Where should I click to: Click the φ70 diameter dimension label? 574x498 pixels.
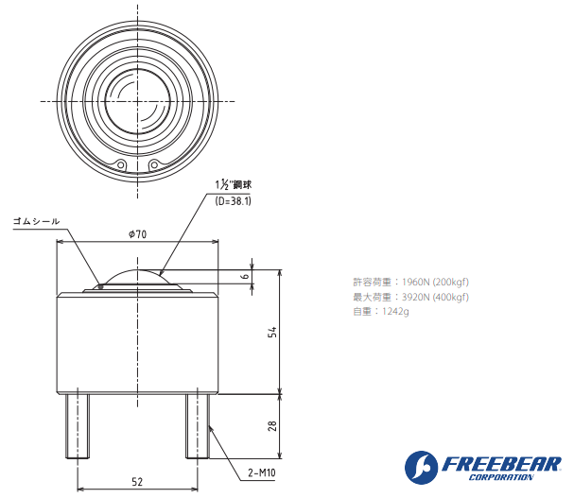click(x=137, y=234)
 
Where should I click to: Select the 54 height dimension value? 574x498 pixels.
click(x=272, y=332)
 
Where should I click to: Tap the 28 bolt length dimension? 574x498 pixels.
click(x=272, y=426)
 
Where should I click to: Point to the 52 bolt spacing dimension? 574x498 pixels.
click(x=137, y=481)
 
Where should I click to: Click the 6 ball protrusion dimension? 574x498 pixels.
click(x=244, y=276)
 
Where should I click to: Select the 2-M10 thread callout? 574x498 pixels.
click(x=262, y=472)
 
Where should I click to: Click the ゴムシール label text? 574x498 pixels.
click(x=36, y=220)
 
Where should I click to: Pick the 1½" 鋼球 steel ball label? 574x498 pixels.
click(x=234, y=185)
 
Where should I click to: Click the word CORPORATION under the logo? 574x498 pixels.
click(x=498, y=479)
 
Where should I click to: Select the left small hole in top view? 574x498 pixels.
click(x=121, y=165)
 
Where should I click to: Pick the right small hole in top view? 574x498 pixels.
click(x=154, y=165)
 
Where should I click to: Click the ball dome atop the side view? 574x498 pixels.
click(x=138, y=278)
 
